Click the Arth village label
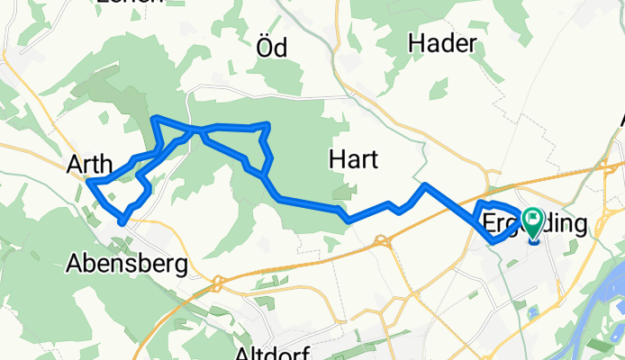tap(89, 165)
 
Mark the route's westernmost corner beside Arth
tap(90, 183)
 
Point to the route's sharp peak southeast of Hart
tap(424, 185)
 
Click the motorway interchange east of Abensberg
tap(216, 283)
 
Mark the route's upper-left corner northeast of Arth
tap(156, 118)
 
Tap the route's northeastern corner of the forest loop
tap(267, 124)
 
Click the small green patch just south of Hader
tap(439, 89)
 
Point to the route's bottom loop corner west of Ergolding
tap(492, 241)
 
